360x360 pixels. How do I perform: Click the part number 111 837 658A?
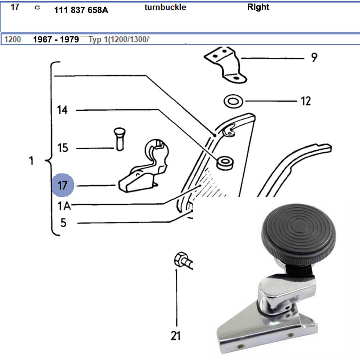[x=81, y=10]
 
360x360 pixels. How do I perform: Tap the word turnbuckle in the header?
[x=165, y=7]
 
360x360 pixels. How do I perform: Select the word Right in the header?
[x=258, y=7]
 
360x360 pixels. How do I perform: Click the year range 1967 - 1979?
[x=56, y=40]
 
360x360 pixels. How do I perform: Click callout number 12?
[x=305, y=101]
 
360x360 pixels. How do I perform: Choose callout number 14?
[x=62, y=110]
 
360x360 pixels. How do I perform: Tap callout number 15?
[x=63, y=148]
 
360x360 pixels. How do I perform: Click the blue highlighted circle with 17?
[x=63, y=186]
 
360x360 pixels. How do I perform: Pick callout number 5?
[x=63, y=223]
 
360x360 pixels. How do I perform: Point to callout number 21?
[x=175, y=336]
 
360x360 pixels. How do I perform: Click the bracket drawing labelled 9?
[x=225, y=65]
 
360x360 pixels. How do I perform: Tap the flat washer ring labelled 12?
[x=233, y=101]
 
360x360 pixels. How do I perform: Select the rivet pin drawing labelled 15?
[x=118, y=139]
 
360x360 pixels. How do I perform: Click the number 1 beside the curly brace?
[x=31, y=161]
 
